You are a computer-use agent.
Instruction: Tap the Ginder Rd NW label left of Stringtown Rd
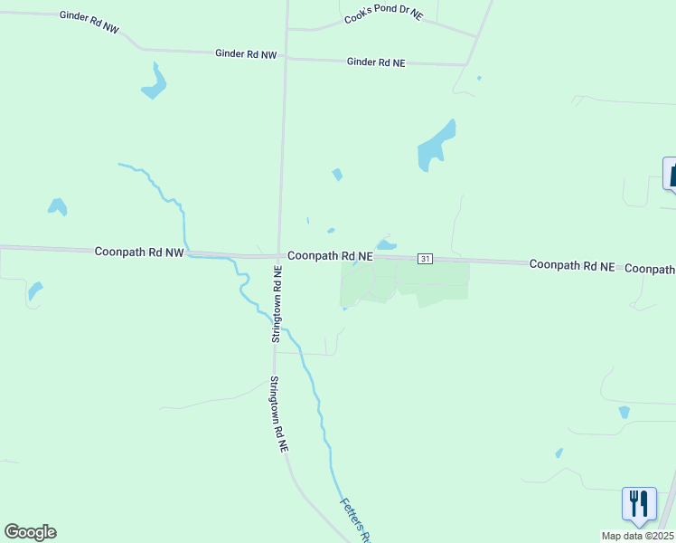coord(245,54)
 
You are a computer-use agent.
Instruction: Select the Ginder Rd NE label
coord(376,62)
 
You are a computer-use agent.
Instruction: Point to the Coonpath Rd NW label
coord(138,252)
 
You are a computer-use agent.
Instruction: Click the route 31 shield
coord(425,259)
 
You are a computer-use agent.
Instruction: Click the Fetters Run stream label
coord(354,518)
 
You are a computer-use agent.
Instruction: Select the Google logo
coord(30,532)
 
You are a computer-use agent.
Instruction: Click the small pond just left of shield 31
coord(386,244)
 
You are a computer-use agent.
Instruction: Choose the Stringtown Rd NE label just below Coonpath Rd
coord(277,305)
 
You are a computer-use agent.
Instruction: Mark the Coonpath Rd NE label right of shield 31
coord(571,265)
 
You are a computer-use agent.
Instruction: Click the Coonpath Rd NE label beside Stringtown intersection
coord(331,256)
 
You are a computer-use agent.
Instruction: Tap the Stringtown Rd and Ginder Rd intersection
coord(286,56)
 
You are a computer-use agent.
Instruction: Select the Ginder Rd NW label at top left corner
coord(89,22)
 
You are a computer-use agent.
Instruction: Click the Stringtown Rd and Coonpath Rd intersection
coord(279,255)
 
